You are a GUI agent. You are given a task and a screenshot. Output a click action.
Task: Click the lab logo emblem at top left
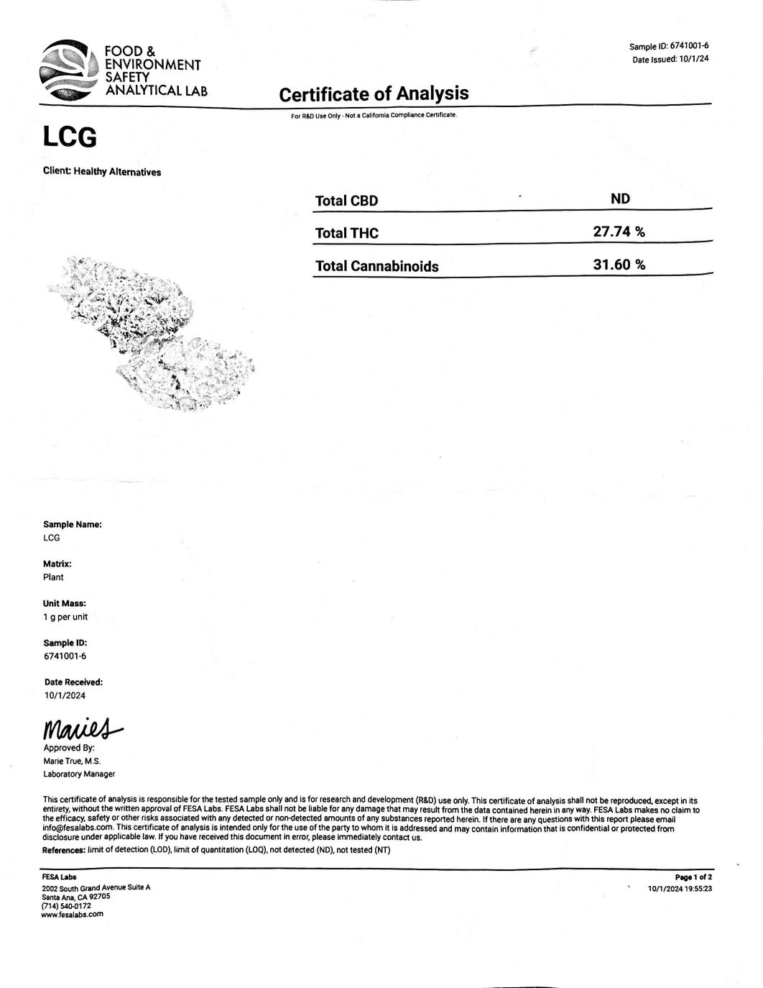(69, 71)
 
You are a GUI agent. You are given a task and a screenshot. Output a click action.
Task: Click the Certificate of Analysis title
(374, 93)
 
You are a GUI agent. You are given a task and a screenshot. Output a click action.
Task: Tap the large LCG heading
(70, 137)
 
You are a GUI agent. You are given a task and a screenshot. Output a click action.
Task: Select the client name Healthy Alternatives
(117, 172)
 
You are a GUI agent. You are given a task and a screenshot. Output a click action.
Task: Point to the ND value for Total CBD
(620, 198)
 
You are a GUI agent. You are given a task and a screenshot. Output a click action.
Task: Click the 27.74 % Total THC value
(619, 232)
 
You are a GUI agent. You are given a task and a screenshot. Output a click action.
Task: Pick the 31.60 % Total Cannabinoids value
(619, 265)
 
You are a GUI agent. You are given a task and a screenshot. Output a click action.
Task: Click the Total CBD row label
(346, 201)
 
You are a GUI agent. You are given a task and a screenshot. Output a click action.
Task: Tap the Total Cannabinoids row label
(376, 266)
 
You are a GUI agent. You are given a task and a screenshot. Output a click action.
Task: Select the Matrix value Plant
(53, 577)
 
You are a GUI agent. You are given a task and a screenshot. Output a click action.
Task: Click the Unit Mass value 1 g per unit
(65, 617)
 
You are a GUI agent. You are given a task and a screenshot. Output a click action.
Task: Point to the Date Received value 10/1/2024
(65, 695)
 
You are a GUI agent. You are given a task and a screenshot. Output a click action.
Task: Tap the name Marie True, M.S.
(72, 761)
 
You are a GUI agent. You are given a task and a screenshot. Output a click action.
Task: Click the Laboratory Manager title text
(79, 774)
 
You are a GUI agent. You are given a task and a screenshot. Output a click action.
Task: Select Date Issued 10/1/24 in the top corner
(670, 60)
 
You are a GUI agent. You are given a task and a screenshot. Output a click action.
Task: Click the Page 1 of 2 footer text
(693, 877)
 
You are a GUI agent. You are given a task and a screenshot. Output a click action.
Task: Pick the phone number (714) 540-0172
(67, 905)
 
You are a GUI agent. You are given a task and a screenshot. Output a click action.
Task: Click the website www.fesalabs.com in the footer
(73, 914)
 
